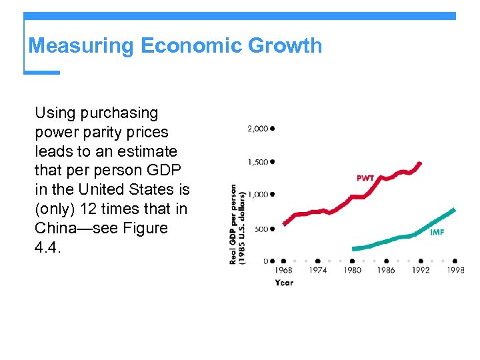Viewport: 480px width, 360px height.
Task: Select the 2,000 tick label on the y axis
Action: tap(258, 128)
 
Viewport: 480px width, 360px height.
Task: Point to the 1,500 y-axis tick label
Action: tap(258, 161)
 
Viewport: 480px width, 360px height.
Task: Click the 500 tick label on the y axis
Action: tap(261, 229)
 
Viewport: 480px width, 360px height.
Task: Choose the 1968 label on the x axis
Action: tap(283, 270)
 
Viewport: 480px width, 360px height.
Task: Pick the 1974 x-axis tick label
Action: tap(317, 270)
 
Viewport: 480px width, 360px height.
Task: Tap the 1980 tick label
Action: tap(352, 270)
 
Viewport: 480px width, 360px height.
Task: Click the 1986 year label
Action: tap(386, 270)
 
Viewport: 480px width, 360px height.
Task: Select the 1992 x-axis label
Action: tap(421, 270)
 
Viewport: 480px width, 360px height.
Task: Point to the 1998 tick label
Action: tap(455, 270)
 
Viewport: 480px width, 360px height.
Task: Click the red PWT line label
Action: tap(366, 178)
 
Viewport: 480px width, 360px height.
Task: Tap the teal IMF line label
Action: tap(437, 233)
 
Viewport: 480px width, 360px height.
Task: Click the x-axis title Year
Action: tap(284, 282)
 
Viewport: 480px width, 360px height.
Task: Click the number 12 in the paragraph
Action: tap(88, 209)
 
